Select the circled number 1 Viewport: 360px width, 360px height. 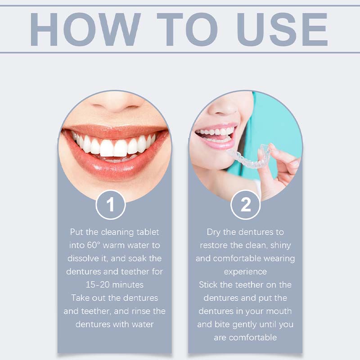[x=111, y=205]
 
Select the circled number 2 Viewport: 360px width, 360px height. [x=246, y=205]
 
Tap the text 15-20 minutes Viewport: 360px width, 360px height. [x=114, y=285]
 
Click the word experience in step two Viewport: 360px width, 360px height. [x=245, y=271]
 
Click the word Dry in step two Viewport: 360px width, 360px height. [x=214, y=232]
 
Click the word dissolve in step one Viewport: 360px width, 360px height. [x=82, y=258]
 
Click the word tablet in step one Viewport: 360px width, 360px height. [x=147, y=232]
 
